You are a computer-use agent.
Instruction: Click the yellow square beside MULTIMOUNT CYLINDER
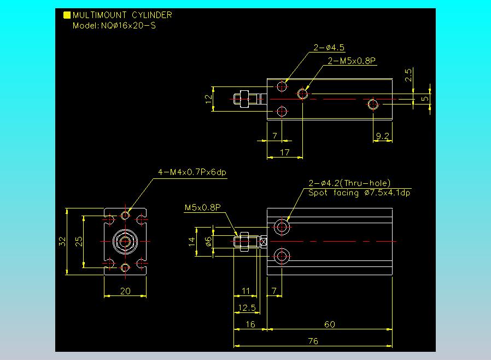(x=67, y=15)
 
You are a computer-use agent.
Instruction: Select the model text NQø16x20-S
(x=128, y=26)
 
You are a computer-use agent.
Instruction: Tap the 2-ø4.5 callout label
(x=329, y=48)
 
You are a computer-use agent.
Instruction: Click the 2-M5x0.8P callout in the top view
(x=352, y=61)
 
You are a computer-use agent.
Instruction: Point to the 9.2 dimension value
(x=382, y=136)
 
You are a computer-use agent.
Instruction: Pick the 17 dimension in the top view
(x=285, y=153)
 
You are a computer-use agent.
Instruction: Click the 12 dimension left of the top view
(x=208, y=99)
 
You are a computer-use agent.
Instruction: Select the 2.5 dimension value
(x=408, y=75)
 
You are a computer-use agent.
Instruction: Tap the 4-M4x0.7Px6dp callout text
(x=192, y=172)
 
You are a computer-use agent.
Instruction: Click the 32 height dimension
(x=62, y=242)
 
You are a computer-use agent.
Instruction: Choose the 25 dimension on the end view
(x=79, y=242)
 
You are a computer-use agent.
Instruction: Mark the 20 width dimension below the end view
(x=125, y=291)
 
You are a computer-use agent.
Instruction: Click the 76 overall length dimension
(x=313, y=341)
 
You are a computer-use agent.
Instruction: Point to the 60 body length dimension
(x=330, y=324)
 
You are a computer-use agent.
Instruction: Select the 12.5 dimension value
(x=247, y=307)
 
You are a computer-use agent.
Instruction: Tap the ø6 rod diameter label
(x=208, y=242)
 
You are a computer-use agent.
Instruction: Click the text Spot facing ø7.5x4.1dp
(x=359, y=193)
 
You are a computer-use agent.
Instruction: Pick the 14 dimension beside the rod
(x=191, y=242)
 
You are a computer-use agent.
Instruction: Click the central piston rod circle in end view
(x=125, y=242)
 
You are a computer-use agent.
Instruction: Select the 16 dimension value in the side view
(x=250, y=324)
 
